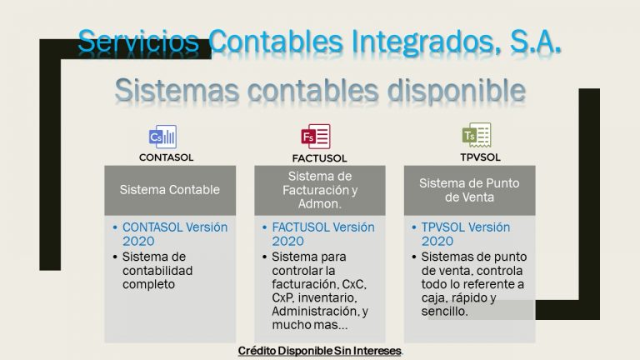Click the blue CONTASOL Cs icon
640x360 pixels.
(162, 137)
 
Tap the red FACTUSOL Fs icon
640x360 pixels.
(316, 137)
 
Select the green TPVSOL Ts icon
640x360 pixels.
(477, 135)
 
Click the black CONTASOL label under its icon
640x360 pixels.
(166, 157)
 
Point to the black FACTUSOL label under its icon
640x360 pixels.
(319, 158)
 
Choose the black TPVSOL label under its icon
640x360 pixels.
(480, 157)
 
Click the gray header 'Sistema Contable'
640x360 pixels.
(170, 190)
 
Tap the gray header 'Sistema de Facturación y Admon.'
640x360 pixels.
(320, 190)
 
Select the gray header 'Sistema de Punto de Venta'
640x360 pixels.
(470, 190)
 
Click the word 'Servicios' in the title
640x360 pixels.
(138, 41)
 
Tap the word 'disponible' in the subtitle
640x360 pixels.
(456, 91)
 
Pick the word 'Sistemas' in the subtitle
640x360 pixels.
(177, 90)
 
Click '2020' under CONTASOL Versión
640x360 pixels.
(138, 241)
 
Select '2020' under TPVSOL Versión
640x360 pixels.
(437, 241)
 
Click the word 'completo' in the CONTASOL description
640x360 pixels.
(148, 284)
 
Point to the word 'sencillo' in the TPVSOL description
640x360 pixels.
(444, 312)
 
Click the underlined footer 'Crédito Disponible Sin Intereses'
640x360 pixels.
(320, 351)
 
